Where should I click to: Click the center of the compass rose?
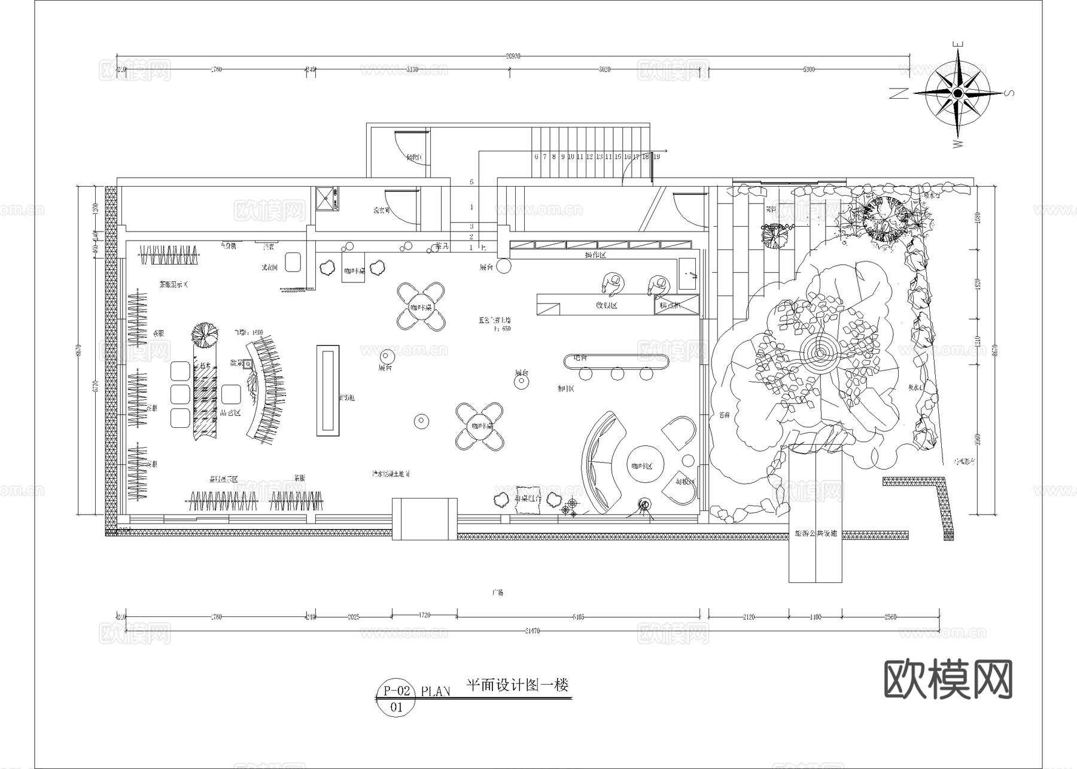pyautogui.click(x=957, y=93)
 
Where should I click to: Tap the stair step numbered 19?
pyautogui.click(x=656, y=157)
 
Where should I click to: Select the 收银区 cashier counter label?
pyautogui.click(x=606, y=305)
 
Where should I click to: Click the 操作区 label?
pyautogui.click(x=595, y=256)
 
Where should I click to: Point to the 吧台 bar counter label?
pyautogui.click(x=580, y=358)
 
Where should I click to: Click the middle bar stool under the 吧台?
pyautogui.click(x=617, y=373)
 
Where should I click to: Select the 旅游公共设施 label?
pyautogui.click(x=816, y=533)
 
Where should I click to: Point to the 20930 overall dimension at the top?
pyautogui.click(x=513, y=56)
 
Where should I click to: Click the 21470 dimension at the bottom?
pyautogui.click(x=531, y=631)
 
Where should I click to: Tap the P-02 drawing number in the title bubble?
pyautogui.click(x=397, y=691)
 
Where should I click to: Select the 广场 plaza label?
pyautogui.click(x=497, y=592)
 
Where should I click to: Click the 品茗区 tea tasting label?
pyautogui.click(x=230, y=412)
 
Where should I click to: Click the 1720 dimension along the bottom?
pyautogui.click(x=424, y=615)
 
